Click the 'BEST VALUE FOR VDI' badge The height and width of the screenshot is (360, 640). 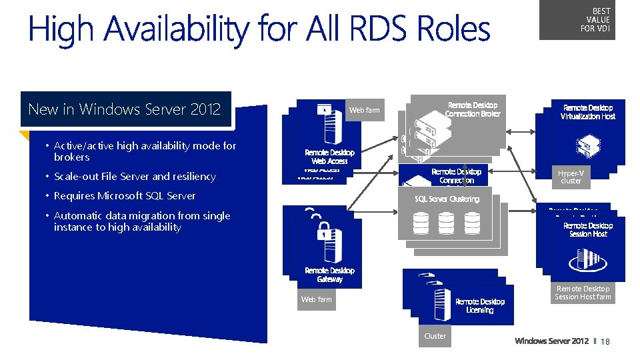(x=595, y=20)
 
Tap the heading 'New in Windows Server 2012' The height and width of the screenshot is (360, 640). (x=125, y=109)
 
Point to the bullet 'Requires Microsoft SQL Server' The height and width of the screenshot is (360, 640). (x=125, y=196)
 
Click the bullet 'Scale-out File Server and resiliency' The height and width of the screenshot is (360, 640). (x=135, y=177)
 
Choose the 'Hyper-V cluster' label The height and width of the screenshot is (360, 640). (x=571, y=177)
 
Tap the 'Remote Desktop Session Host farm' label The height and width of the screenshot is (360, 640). (x=583, y=293)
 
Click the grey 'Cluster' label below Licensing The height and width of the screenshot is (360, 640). (x=435, y=336)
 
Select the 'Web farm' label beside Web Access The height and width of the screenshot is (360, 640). (x=365, y=110)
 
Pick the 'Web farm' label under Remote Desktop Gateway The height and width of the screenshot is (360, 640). (x=316, y=299)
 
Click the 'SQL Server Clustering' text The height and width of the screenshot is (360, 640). (x=447, y=199)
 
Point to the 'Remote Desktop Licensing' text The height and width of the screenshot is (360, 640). (x=479, y=306)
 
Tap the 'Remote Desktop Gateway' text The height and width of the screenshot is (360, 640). (x=329, y=275)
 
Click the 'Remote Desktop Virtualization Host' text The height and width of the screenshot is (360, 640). (x=587, y=112)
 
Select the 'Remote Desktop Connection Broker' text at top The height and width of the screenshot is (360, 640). (x=472, y=109)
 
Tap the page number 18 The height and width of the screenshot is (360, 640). (x=605, y=341)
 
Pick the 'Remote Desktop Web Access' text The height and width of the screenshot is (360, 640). (x=329, y=157)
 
